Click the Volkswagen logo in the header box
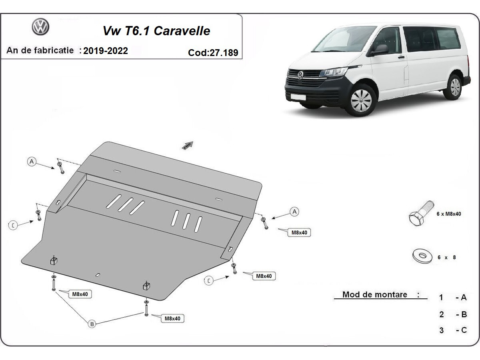40,27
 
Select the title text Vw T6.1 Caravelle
156,31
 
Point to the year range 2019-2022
106,51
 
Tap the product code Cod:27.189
213,52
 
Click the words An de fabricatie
40,50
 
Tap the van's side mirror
380,50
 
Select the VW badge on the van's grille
300,75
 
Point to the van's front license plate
298,96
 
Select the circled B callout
92,324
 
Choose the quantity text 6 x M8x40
449,214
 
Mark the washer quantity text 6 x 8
446,258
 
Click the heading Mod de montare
375,295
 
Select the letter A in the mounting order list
464,297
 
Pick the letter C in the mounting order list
464,330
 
